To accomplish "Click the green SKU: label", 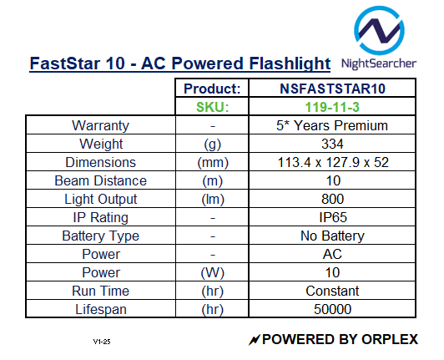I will point(212,107).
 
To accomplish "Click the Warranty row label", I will point(101,125).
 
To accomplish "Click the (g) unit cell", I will point(212,144).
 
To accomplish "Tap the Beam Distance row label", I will point(101,180).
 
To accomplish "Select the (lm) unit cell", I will point(212,199).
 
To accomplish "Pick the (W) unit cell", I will point(212,272).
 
